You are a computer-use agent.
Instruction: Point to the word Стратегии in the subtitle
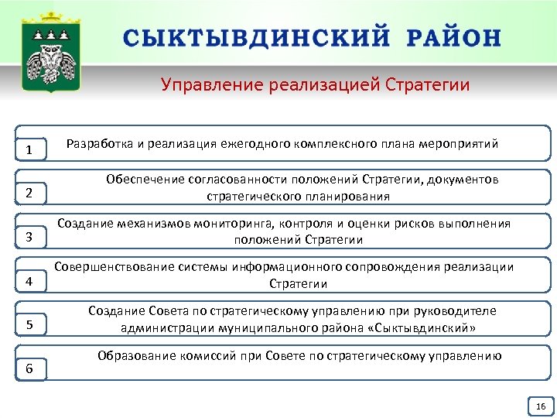point(428,84)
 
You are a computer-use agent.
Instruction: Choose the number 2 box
point(29,192)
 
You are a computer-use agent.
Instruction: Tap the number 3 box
point(29,236)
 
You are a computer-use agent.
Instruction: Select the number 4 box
point(29,280)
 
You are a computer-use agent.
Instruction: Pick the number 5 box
point(29,324)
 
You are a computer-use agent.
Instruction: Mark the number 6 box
point(29,368)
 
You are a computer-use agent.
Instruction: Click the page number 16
point(540,406)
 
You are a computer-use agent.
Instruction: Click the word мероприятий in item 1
point(458,143)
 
